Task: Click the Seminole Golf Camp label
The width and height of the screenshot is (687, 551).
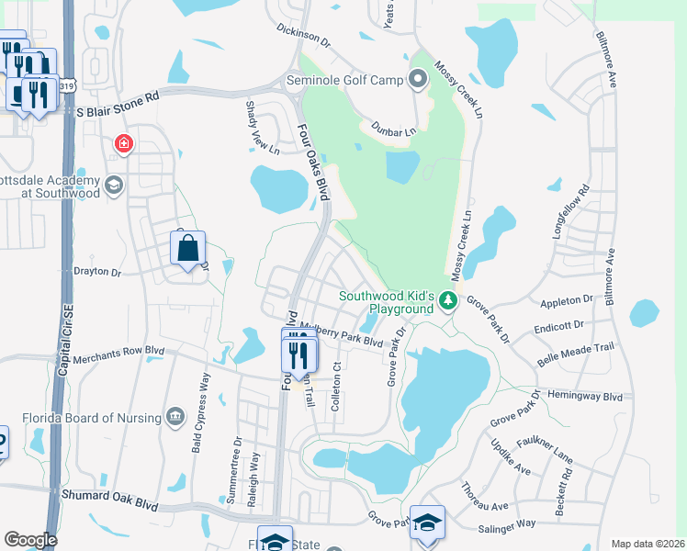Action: point(345,81)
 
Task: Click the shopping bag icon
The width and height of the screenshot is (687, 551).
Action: point(187,248)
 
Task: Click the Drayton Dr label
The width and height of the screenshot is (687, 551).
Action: point(96,273)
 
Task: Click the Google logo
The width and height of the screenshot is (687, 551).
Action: point(30,539)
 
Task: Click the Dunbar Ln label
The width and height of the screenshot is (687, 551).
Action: point(393,130)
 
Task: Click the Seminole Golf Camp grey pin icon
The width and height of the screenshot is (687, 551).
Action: point(419,79)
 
